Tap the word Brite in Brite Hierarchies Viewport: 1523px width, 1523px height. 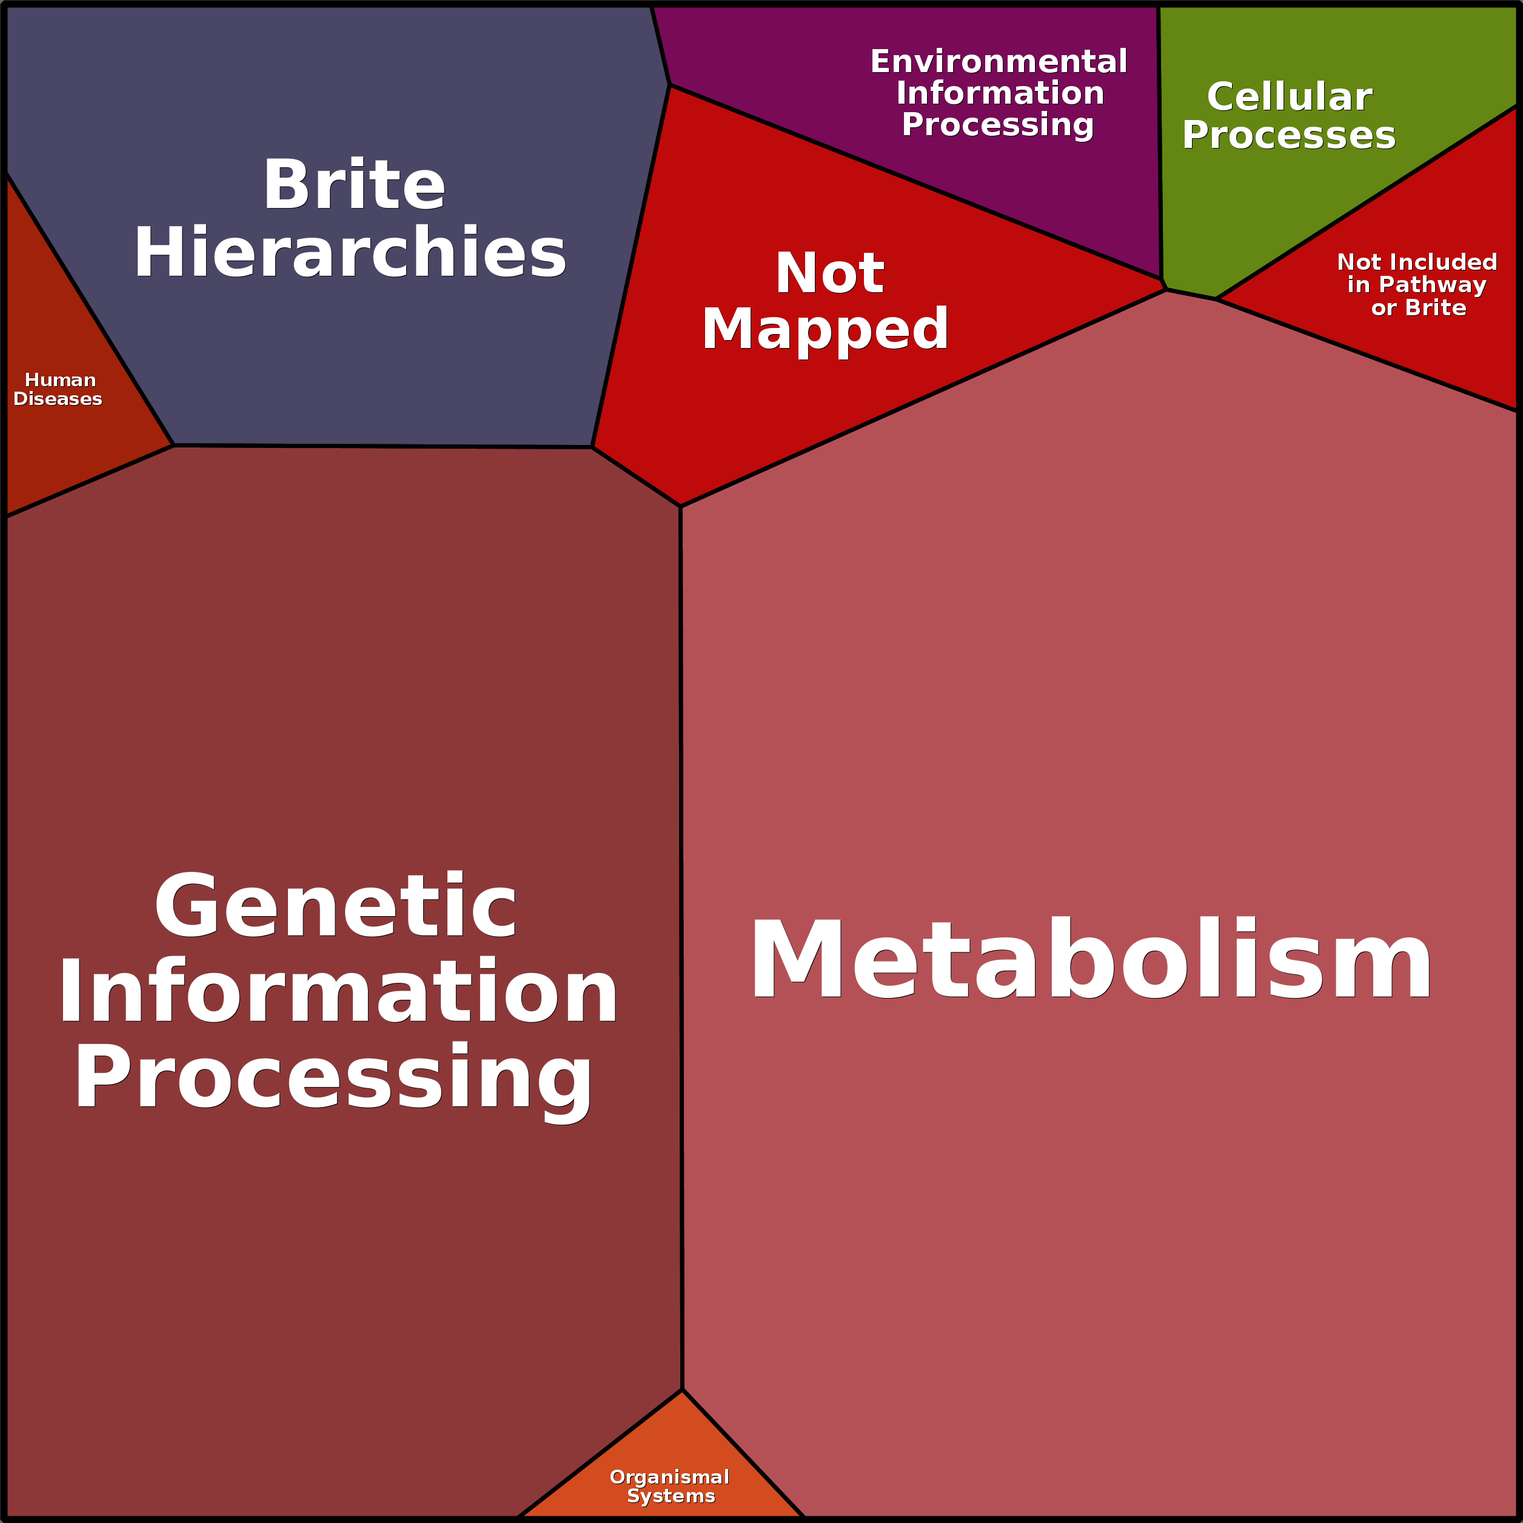[354, 186]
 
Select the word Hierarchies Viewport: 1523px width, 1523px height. [350, 253]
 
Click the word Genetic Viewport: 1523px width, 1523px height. [335, 906]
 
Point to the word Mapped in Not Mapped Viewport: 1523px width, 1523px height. [825, 329]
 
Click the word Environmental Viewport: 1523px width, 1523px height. [998, 61]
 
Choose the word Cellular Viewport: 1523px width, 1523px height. [1289, 97]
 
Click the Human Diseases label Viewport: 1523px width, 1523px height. [58, 389]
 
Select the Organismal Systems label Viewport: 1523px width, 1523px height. [669, 1487]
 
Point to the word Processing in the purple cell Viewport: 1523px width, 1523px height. [997, 124]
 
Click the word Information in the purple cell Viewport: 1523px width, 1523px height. [1000, 93]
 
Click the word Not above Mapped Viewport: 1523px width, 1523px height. [829, 273]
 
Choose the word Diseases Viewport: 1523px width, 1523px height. [58, 399]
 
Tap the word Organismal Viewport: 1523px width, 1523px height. [669, 1478]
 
